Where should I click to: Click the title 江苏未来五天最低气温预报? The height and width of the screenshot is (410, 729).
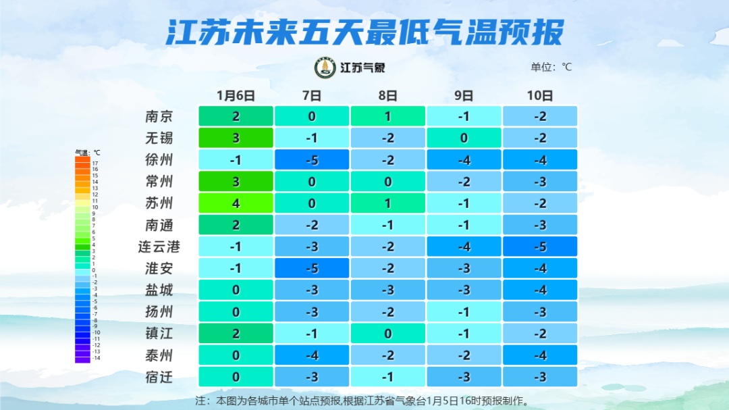pyautogui.click(x=364, y=32)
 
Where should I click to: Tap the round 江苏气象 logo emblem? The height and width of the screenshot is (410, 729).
pyautogui.click(x=325, y=68)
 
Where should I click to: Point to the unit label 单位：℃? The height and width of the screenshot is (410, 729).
pyautogui.click(x=551, y=67)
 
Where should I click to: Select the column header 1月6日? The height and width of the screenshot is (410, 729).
pyautogui.click(x=236, y=95)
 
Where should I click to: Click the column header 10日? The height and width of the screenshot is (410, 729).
pyautogui.click(x=540, y=95)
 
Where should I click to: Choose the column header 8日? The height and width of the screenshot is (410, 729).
pyautogui.click(x=387, y=95)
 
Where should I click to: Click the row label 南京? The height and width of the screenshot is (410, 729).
pyautogui.click(x=159, y=116)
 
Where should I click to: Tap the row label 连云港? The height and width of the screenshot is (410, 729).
pyautogui.click(x=159, y=247)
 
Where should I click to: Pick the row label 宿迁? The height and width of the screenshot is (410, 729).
pyautogui.click(x=159, y=377)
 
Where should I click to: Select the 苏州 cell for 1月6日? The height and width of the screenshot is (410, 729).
pyautogui.click(x=236, y=203)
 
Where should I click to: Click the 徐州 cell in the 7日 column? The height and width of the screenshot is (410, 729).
pyautogui.click(x=312, y=160)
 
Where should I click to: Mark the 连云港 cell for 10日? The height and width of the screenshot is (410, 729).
pyautogui.click(x=540, y=247)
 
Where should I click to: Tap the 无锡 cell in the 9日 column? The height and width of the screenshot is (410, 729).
pyautogui.click(x=464, y=138)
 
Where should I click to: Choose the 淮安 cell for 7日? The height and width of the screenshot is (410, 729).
pyautogui.click(x=312, y=268)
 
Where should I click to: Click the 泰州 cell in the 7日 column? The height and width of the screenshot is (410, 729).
pyautogui.click(x=312, y=355)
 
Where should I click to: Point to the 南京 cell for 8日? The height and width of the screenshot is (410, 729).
pyautogui.click(x=387, y=116)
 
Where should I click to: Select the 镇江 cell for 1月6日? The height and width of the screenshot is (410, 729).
pyautogui.click(x=236, y=334)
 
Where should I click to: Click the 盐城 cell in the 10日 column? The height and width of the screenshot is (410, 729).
pyautogui.click(x=540, y=290)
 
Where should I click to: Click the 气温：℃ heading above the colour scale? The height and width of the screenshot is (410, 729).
pyautogui.click(x=87, y=153)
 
